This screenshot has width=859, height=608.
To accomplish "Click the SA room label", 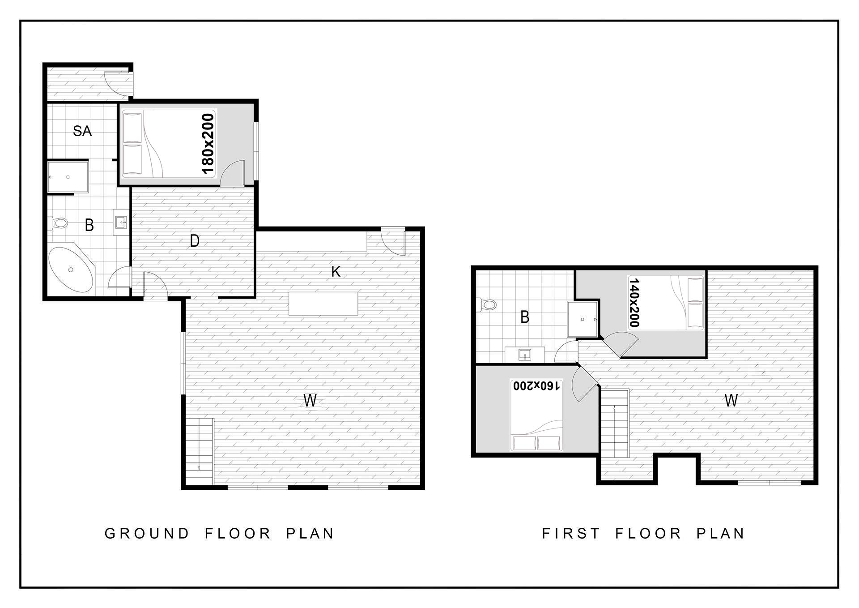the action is coord(82,131).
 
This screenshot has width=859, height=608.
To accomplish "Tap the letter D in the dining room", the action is coord(195,241).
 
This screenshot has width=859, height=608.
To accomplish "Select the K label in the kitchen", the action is coord(336,271).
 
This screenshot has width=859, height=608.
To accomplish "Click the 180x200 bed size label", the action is coord(208,143).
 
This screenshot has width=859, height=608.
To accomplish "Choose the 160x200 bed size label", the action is coord(536,385).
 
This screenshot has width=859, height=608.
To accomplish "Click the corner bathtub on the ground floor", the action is coord(72,270).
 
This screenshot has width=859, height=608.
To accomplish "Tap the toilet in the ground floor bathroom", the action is coord(58,222).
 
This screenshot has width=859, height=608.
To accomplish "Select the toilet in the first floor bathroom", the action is coord(486,305).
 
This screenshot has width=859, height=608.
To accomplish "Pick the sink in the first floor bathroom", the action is coord(525,355).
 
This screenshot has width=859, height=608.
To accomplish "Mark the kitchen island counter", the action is coord(323,304).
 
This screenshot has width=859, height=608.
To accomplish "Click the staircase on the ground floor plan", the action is coord(200,451).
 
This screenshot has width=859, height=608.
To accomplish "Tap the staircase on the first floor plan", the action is coord(615,423).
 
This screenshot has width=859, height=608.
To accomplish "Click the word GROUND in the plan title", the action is coord(147,534).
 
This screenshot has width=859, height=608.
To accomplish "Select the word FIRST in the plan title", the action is coord(571,534).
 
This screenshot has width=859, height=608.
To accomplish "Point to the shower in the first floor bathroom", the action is coord(583,319).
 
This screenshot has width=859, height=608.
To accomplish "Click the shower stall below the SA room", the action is coord(68,177).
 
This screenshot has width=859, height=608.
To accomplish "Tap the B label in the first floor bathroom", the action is coord(525,317).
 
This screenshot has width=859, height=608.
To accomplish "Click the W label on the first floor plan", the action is coord(731,400).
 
